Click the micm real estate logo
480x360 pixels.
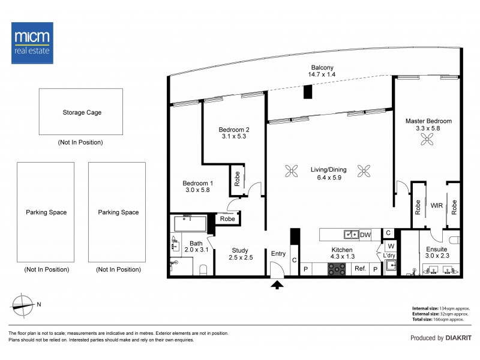(32, 43)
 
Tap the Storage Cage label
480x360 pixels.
(82, 112)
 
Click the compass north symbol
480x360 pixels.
(23, 305)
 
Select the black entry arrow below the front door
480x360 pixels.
(277, 285)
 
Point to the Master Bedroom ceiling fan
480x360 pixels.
(427, 139)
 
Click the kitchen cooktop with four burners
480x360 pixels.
(337, 269)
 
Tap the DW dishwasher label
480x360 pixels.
(365, 235)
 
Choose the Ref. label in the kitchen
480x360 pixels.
(361, 268)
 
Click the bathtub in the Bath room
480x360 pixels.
(190, 223)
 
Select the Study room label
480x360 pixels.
(240, 250)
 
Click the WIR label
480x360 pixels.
(437, 205)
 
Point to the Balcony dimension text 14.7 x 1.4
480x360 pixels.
(322, 74)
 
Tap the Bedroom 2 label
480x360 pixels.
(234, 130)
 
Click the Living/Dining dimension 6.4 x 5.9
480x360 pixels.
(329, 178)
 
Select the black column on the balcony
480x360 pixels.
(308, 92)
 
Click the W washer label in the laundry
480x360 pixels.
(391, 246)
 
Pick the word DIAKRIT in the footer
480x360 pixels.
(458, 338)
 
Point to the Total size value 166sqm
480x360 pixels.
(448, 319)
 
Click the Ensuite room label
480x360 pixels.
(437, 249)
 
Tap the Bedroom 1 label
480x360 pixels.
(198, 183)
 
